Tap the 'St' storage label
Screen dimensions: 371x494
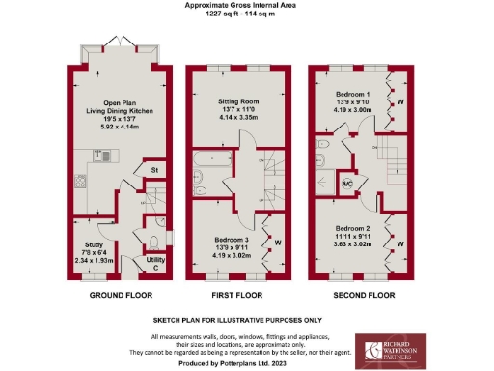pos(154,171)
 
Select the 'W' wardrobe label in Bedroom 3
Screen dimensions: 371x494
pos(277,242)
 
